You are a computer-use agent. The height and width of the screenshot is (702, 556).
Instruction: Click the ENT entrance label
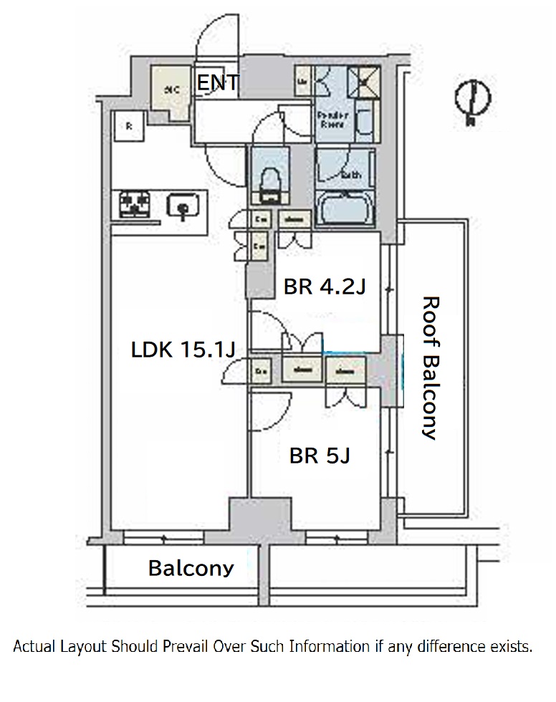(x=218, y=84)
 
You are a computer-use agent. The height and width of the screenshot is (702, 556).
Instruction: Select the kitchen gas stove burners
(x=134, y=203)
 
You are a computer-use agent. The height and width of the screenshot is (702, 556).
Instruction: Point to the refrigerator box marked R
(x=129, y=127)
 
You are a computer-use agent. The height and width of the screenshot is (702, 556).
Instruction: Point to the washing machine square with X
(x=363, y=83)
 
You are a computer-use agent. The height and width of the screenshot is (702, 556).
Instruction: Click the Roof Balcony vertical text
(x=428, y=367)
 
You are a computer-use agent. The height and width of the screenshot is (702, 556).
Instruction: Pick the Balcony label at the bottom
(x=191, y=568)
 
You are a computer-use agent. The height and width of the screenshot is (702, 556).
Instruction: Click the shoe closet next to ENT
(x=172, y=90)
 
